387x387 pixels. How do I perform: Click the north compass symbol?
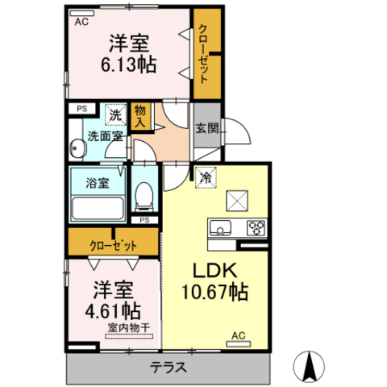coord(309,366)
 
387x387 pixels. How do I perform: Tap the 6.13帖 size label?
coord(129,64)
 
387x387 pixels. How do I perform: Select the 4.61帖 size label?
coord(113,311)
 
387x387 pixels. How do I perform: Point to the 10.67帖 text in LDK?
coord(215,292)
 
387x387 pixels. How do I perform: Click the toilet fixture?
coord(144,197)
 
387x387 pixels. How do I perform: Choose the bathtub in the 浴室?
coord(98,208)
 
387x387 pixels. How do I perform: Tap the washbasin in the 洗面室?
coord(77,148)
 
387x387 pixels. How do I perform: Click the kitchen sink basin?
coord(220,227)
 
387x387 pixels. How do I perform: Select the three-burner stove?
coord(256,228)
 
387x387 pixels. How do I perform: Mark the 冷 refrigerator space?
coord(206,177)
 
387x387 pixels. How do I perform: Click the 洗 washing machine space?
coord(115,114)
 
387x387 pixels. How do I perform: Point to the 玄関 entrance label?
coord(207,128)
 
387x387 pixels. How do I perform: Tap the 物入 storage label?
coord(140,116)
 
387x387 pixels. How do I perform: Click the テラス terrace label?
coord(169,368)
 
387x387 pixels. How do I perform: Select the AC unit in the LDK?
coord(239,343)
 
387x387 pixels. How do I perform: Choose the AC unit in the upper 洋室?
coord(81,14)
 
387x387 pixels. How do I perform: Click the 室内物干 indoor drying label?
coord(129,328)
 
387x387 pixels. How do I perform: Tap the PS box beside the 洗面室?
coord(81,109)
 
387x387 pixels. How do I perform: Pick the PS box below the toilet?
coord(144,220)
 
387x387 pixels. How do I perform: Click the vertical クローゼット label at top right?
coord(203,54)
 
